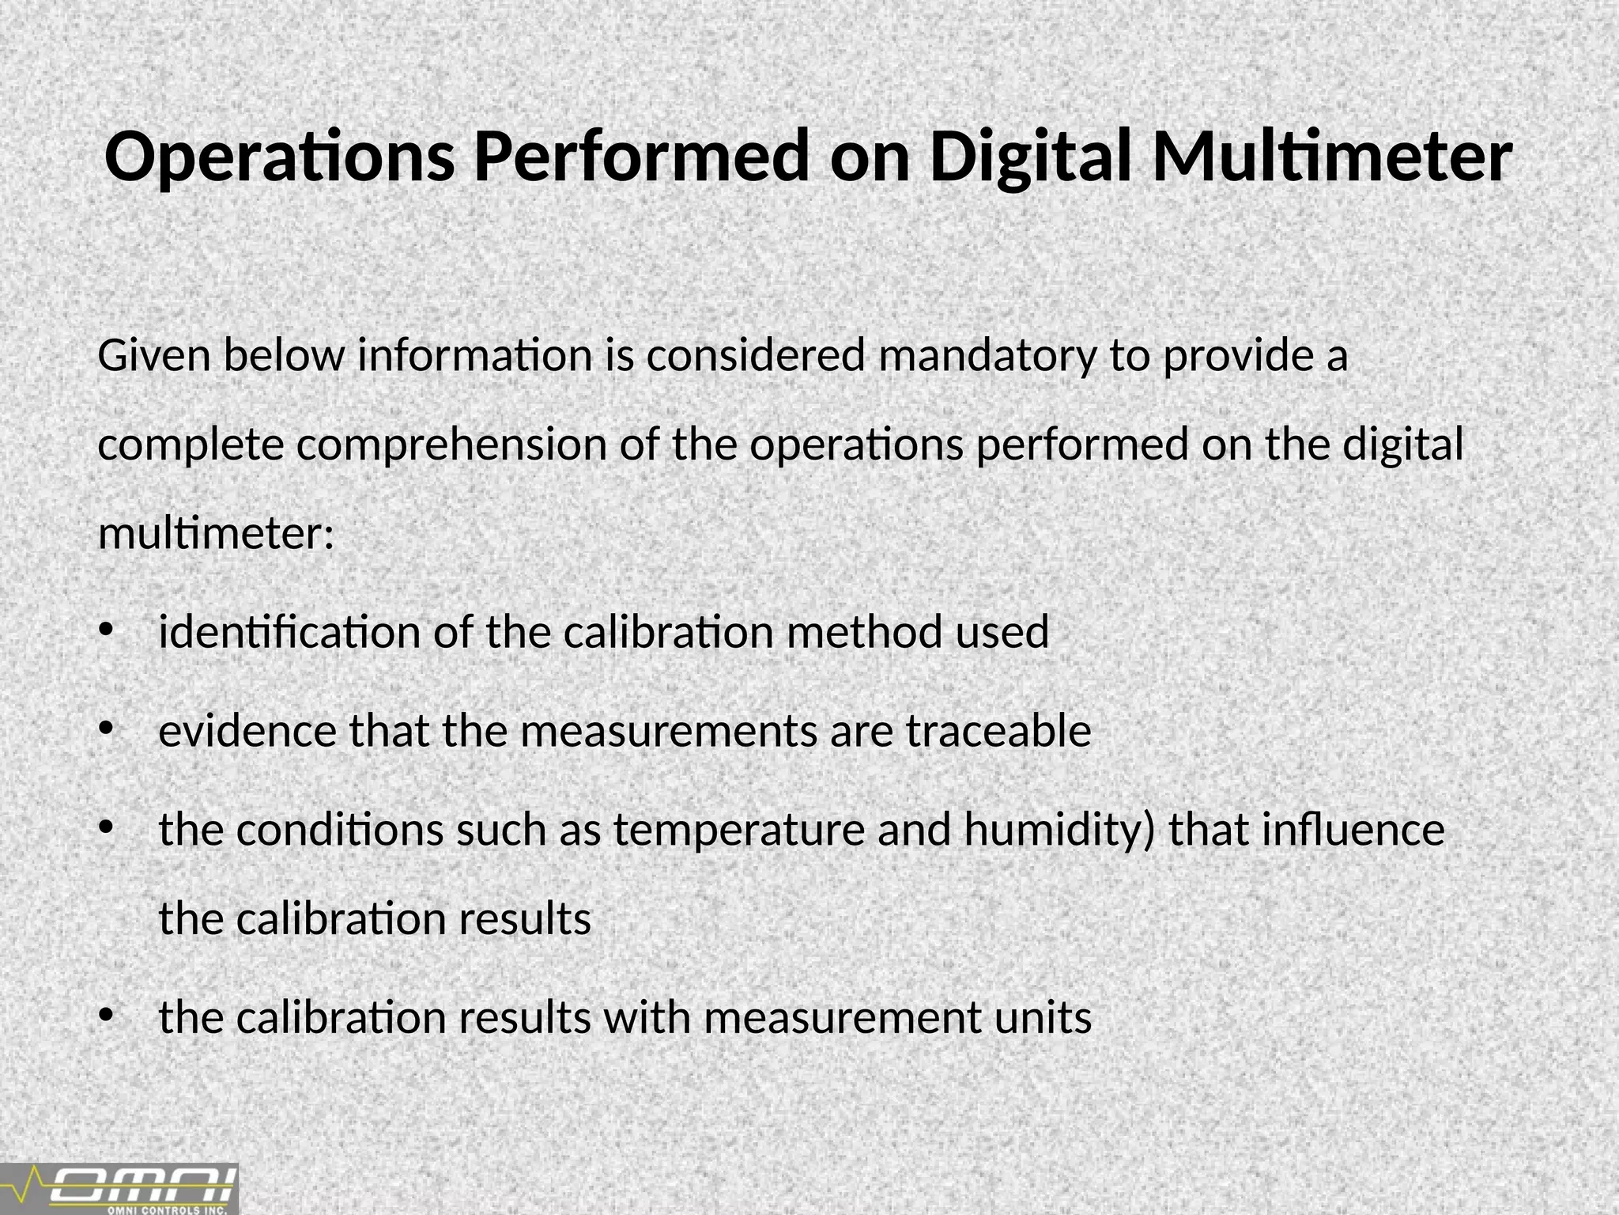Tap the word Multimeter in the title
click(1332, 157)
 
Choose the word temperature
click(739, 830)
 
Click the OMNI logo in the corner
click(119, 1188)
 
